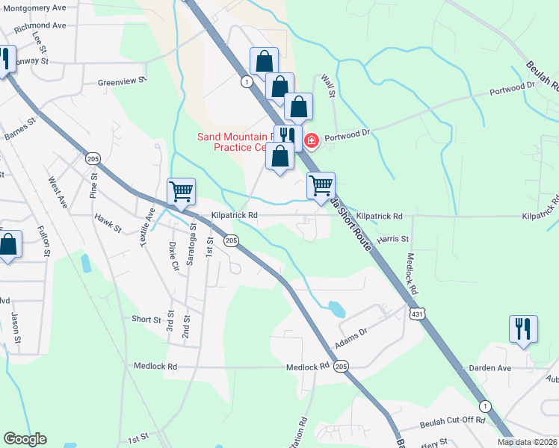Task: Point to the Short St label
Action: pos(146,320)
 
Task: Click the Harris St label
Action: pos(393,240)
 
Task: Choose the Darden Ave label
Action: pos(489,368)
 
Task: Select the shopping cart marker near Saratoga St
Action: pos(182,192)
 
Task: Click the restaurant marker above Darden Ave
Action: pos(523,329)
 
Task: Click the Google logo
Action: pos(25,439)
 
